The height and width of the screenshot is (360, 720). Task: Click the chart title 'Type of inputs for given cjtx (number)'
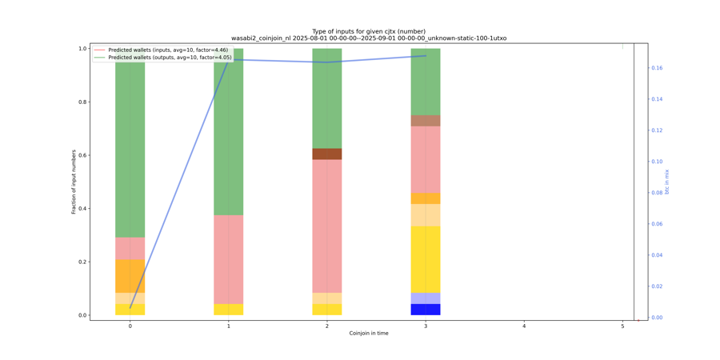[369, 31]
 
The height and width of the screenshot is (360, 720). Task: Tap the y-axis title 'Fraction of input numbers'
[74, 182]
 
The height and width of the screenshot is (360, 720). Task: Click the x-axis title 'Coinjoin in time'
[369, 333]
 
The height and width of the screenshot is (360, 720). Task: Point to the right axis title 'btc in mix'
[666, 182]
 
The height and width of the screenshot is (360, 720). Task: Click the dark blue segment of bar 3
[426, 310]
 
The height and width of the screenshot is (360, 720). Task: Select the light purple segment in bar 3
[426, 298]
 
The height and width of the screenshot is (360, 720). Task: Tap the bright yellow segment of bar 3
[426, 259]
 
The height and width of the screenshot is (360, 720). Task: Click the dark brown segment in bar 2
[327, 154]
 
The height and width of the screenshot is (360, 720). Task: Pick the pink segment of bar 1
[229, 259]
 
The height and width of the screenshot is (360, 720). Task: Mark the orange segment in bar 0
[130, 276]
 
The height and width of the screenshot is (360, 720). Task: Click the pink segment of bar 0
[130, 248]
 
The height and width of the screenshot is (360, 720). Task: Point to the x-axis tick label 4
[524, 326]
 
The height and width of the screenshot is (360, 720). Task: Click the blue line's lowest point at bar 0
[130, 307]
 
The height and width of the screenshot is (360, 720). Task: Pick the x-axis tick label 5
[622, 326]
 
